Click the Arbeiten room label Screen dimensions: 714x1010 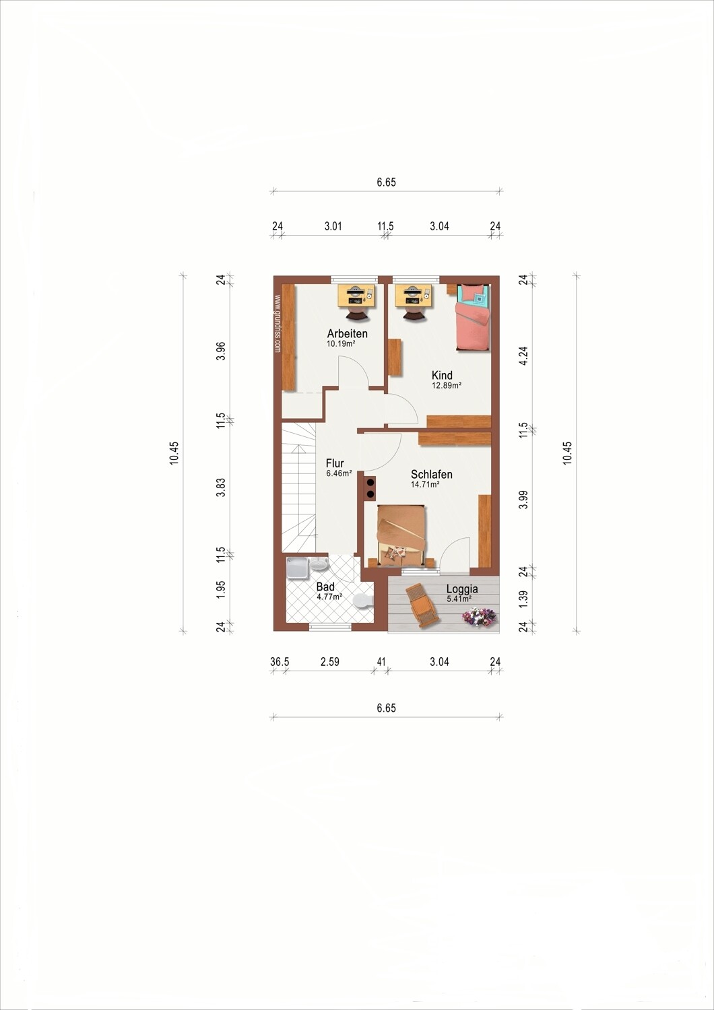(x=347, y=334)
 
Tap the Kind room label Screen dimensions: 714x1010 (x=442, y=375)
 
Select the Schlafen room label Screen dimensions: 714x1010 (x=431, y=474)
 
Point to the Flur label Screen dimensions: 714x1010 (x=335, y=463)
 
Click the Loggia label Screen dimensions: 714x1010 (x=462, y=589)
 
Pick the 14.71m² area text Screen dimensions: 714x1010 (x=425, y=485)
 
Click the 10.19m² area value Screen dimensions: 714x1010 (x=341, y=343)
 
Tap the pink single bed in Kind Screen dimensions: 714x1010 (x=472, y=317)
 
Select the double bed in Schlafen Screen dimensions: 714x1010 (x=401, y=536)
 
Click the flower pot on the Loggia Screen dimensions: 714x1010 (x=479, y=615)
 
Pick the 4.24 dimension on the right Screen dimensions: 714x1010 (x=523, y=356)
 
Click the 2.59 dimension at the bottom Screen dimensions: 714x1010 (x=329, y=662)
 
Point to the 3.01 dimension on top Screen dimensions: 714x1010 (x=333, y=226)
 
